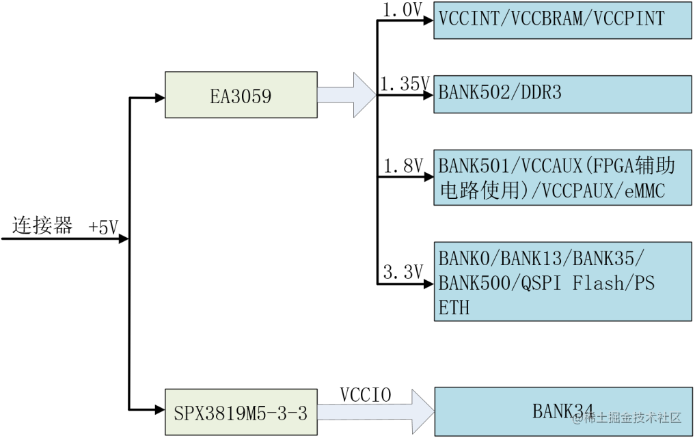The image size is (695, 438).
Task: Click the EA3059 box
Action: pyautogui.click(x=241, y=95)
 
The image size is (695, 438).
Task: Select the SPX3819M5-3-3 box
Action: pyautogui.click(x=241, y=413)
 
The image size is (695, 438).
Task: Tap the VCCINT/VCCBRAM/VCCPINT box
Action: pyautogui.click(x=563, y=18)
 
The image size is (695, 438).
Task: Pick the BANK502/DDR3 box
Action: pyautogui.click(x=563, y=94)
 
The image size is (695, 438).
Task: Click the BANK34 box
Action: pyautogui.click(x=563, y=411)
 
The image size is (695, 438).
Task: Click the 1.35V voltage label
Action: pyautogui.click(x=404, y=85)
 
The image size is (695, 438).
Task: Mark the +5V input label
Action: pyautogui.click(x=104, y=228)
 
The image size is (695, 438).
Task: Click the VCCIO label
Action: pyautogui.click(x=365, y=395)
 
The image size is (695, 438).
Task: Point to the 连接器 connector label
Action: pyautogui.click(x=42, y=226)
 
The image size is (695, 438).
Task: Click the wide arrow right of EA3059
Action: pyautogui.click(x=347, y=95)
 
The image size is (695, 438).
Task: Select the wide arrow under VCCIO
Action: pyautogui.click(x=376, y=412)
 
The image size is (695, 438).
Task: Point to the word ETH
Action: pyautogui.click(x=454, y=307)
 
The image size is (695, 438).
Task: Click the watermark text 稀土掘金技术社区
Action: pyautogui.click(x=631, y=417)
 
